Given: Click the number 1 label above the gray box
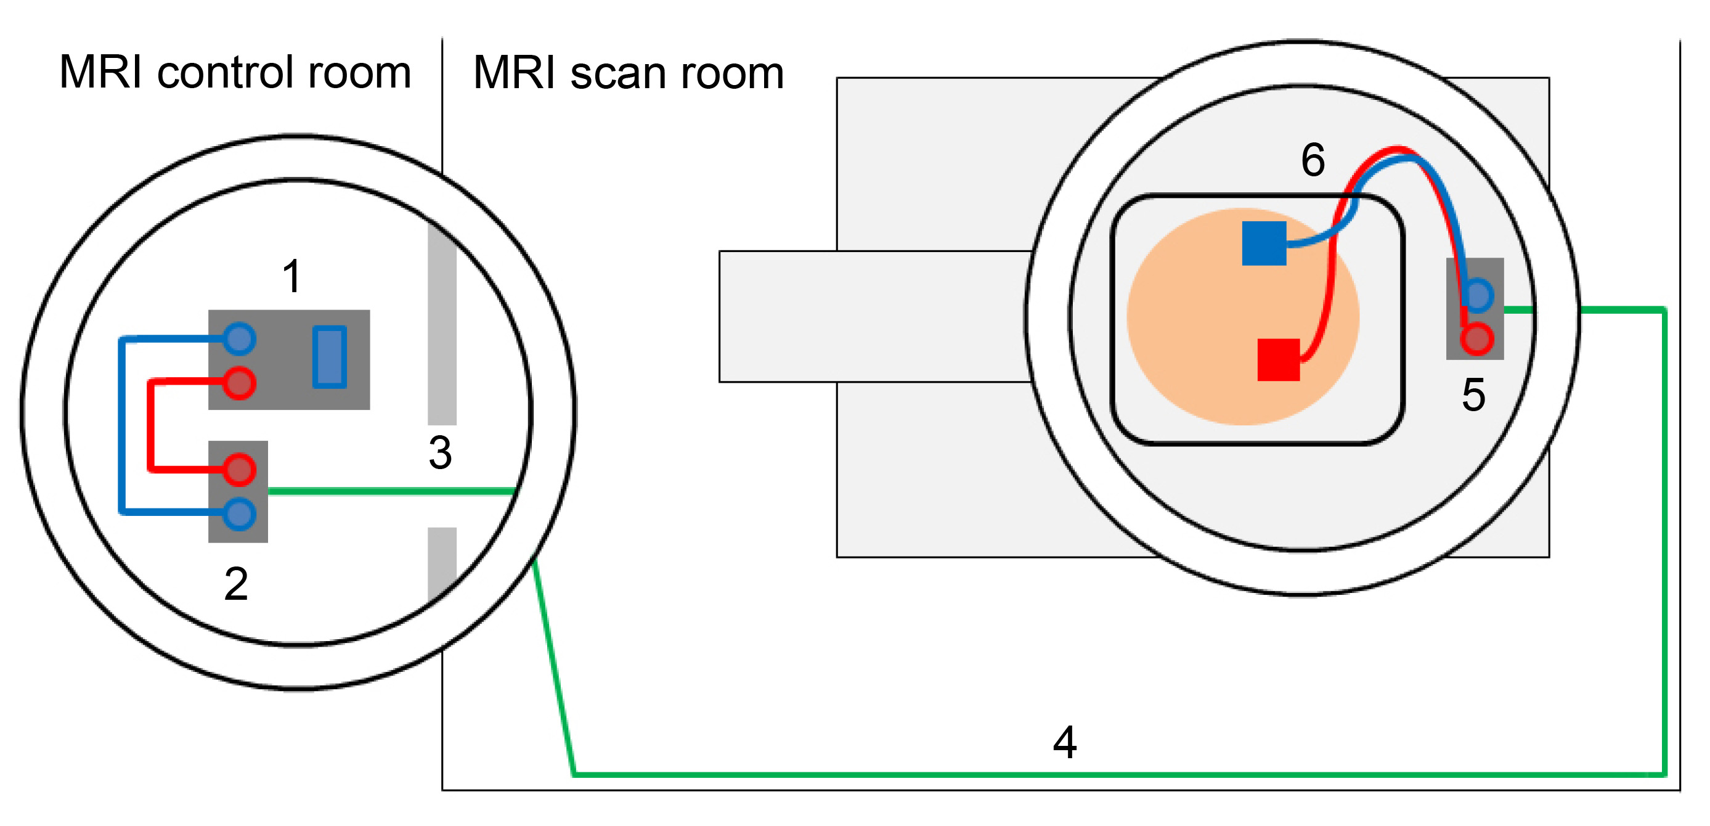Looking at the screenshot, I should point(291,276).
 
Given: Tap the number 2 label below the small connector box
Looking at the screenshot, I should point(237,584).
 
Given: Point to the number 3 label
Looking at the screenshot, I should point(440,454).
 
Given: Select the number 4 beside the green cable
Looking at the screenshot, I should point(1065,742).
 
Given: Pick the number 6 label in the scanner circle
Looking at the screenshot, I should point(1313,160).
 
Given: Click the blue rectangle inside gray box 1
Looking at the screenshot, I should point(329,356).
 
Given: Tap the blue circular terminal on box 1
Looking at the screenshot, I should point(239,338).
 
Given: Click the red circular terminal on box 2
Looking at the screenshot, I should point(239,470).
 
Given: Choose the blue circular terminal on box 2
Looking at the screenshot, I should point(239,514).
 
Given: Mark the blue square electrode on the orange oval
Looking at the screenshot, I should point(1264,243).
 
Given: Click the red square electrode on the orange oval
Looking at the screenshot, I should point(1279,360).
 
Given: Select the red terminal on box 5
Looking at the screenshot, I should point(1476,338).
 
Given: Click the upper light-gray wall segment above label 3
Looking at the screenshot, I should point(442,325).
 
